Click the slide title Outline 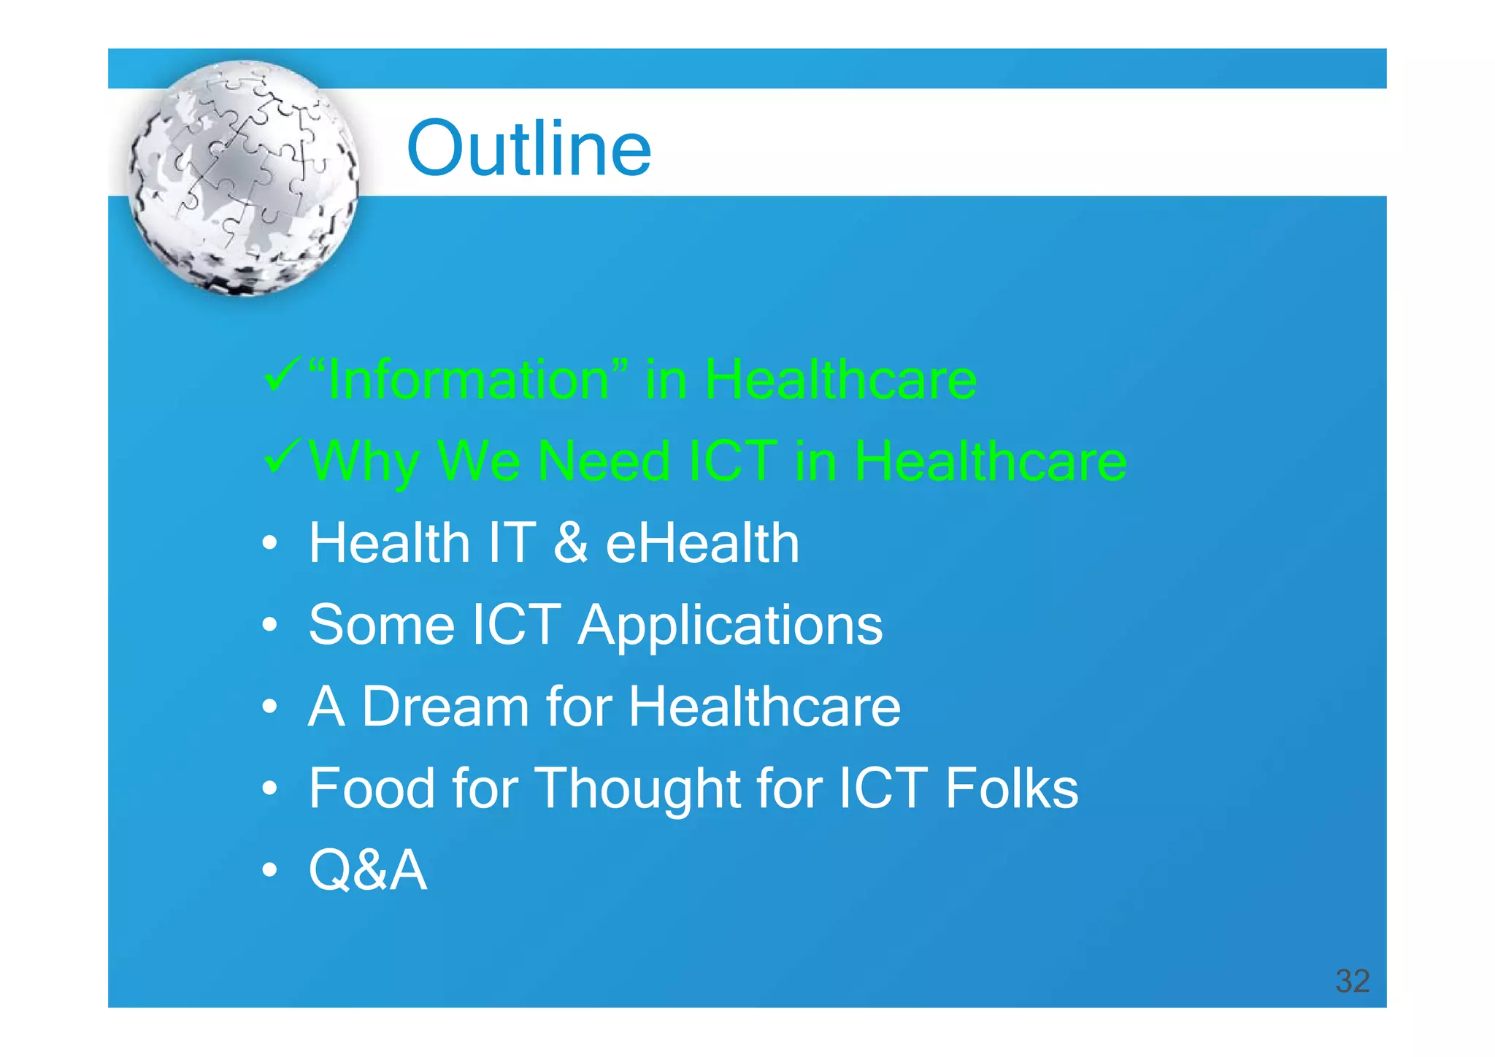tap(529, 149)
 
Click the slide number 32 tap(1352, 981)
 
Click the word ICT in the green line tap(733, 461)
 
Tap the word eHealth tap(702, 543)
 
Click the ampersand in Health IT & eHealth tap(570, 543)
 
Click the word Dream tap(445, 707)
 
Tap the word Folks tap(1011, 788)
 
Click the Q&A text tap(367, 870)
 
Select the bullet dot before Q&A tap(270, 870)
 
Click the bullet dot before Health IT tap(270, 544)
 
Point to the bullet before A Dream tap(270, 707)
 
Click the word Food tap(372, 788)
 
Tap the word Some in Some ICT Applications tap(382, 626)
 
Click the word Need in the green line tap(604, 461)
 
